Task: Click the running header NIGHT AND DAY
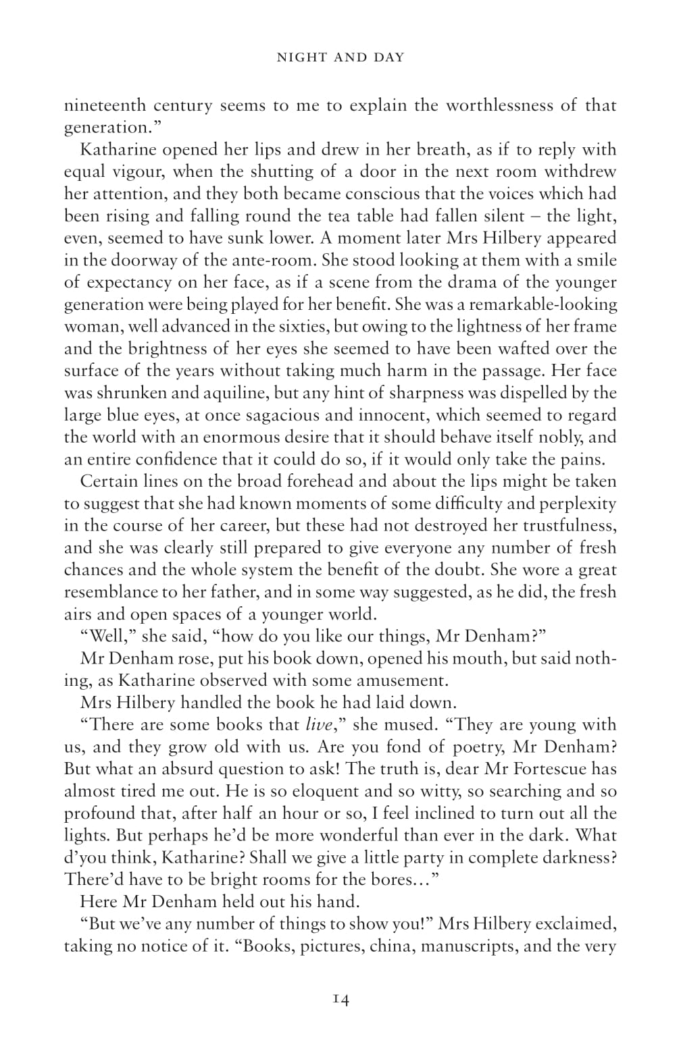pos(340,57)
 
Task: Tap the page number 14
pos(340,1000)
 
